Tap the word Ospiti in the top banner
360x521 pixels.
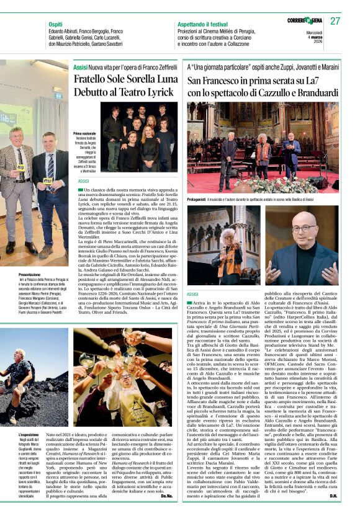tap(56, 24)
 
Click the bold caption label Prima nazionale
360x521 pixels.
tap(84, 134)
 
